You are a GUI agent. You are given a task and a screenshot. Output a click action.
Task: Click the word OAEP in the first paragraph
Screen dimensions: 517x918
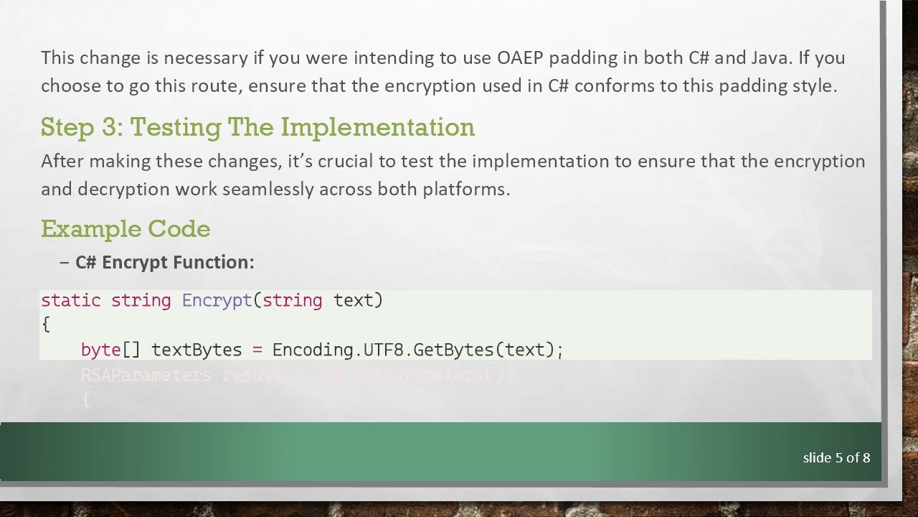521,57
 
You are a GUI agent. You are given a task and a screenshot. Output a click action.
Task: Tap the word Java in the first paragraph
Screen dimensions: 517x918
770,57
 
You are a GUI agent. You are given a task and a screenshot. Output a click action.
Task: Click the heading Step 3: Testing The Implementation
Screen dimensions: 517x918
257,127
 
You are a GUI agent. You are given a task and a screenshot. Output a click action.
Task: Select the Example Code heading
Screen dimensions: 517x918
126,229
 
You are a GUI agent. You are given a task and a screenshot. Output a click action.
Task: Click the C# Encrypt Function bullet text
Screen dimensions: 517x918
164,263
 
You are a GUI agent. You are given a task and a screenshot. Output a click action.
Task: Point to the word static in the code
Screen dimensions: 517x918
70,300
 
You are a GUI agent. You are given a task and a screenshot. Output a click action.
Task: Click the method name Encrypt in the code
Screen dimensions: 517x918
217,300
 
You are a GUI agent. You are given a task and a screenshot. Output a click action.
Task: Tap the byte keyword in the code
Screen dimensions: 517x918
100,350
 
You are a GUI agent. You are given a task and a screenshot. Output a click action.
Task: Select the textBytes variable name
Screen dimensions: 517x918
197,350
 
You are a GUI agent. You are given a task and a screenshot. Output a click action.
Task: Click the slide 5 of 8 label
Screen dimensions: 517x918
836,457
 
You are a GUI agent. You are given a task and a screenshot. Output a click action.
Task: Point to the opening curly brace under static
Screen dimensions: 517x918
46,325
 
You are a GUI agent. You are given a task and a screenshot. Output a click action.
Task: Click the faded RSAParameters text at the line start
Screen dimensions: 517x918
146,375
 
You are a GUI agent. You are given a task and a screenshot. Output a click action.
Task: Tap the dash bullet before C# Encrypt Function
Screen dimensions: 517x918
65,263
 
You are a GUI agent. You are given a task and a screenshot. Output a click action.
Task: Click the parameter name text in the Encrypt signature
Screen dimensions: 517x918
354,300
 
